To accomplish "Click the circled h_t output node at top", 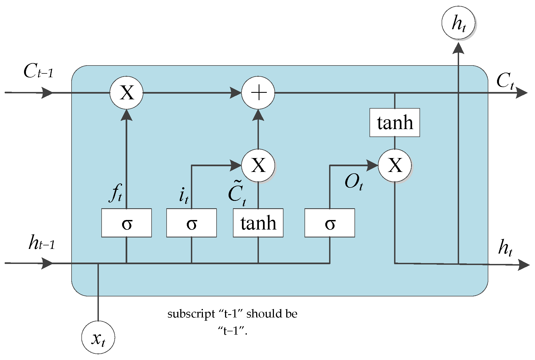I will (x=458, y=23).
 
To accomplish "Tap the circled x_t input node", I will (x=98, y=337).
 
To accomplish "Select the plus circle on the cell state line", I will (x=258, y=93).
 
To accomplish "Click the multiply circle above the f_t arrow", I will (x=126, y=93).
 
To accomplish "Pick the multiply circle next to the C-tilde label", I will (x=258, y=165).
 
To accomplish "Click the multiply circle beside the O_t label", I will (x=395, y=165).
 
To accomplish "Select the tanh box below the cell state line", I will (x=395, y=123).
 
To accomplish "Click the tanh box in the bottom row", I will (x=258, y=223).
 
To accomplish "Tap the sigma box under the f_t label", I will (x=126, y=223).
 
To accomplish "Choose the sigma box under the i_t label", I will (x=191, y=223).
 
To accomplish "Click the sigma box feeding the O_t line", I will (x=330, y=223).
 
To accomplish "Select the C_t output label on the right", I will (x=505, y=81).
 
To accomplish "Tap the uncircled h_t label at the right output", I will (x=505, y=248).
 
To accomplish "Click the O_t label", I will (x=354, y=182).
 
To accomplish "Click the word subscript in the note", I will (x=191, y=314).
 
